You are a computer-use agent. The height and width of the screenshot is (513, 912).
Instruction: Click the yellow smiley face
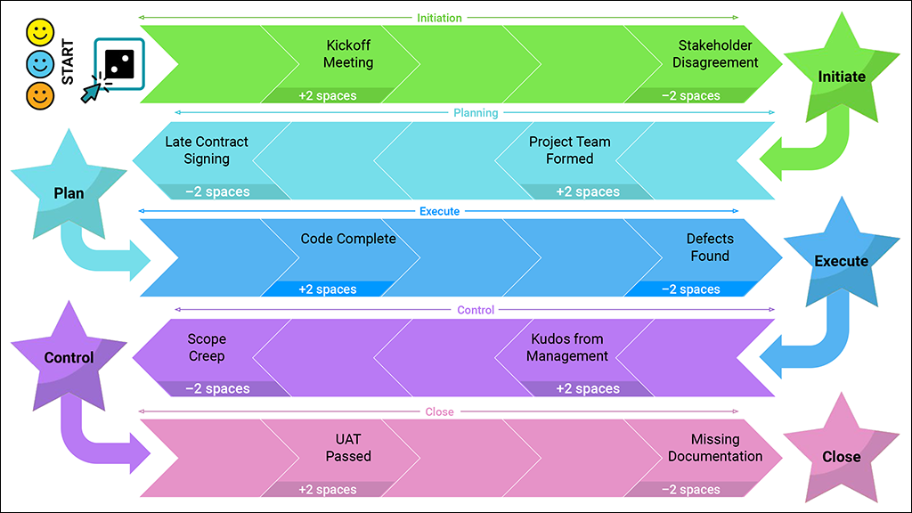click(40, 34)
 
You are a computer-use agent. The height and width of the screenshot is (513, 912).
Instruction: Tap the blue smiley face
click(40, 64)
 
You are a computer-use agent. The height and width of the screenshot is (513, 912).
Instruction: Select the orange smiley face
click(40, 94)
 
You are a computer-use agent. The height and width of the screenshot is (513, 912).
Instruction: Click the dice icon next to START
click(118, 63)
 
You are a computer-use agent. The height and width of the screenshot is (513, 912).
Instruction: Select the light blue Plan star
click(69, 191)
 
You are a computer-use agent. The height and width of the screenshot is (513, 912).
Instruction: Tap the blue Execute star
click(841, 259)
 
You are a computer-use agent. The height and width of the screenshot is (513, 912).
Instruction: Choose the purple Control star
click(69, 356)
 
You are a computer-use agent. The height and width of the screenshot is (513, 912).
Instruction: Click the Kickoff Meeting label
click(348, 53)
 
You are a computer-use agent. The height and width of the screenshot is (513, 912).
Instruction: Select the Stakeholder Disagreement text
click(715, 53)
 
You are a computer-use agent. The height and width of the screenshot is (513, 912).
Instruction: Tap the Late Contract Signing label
click(207, 150)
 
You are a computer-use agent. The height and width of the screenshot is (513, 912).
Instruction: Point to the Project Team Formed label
click(570, 150)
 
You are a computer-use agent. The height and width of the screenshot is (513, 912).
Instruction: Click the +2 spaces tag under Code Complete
click(328, 289)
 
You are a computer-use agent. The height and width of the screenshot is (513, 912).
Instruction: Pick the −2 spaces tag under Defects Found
click(690, 289)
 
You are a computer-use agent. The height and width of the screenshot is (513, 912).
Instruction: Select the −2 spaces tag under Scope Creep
click(217, 389)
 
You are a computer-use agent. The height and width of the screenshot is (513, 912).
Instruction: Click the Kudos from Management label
click(567, 347)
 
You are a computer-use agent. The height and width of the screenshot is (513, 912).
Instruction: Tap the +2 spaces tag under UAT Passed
click(328, 490)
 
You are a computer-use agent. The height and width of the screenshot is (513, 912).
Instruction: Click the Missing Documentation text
click(715, 448)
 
